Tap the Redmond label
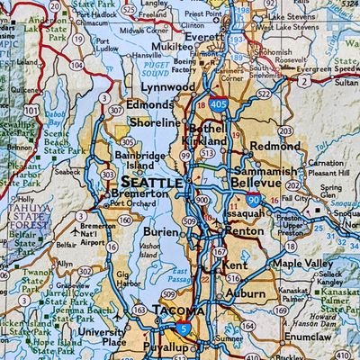click(x=275, y=145)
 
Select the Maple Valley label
click(x=302, y=264)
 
